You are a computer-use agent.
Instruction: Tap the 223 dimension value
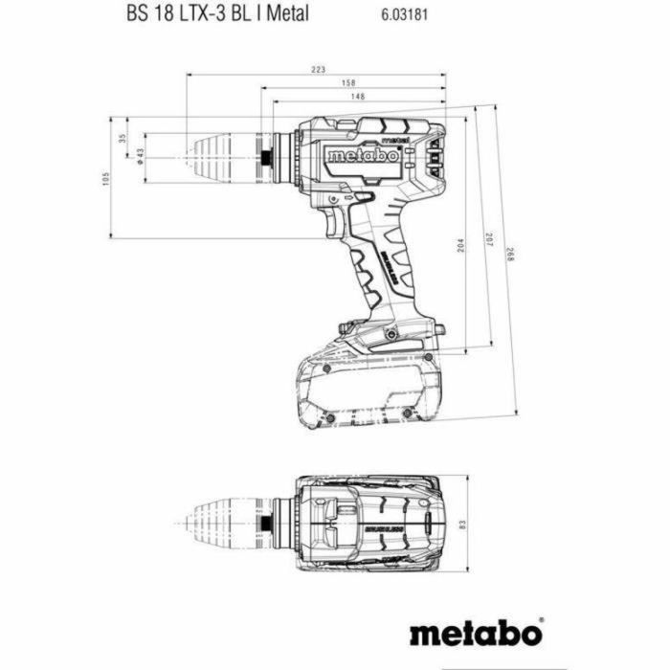tap(319, 68)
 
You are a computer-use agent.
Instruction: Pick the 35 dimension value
tap(123, 137)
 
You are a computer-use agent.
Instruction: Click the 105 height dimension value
tap(106, 178)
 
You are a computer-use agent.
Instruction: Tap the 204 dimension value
tap(461, 244)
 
